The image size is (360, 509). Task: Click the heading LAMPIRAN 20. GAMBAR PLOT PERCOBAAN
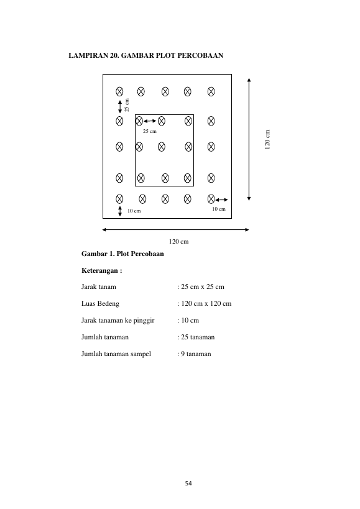point(145,55)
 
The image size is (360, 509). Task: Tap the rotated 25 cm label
point(127,105)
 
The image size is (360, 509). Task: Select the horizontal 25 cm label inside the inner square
point(150,131)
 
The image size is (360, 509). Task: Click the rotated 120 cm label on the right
point(267,140)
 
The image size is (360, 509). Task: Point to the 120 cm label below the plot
point(178,242)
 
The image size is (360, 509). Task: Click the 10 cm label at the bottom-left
point(134,211)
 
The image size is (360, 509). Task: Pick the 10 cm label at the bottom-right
point(219,209)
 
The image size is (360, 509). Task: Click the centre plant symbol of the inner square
point(161,147)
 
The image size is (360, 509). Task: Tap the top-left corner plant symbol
point(119,91)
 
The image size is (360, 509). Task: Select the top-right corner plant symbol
point(211,91)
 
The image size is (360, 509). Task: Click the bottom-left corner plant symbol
point(119,199)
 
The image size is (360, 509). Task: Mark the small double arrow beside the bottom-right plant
point(221,199)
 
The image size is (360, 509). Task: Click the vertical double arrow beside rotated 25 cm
point(120,106)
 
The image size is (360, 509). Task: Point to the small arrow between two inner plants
point(150,121)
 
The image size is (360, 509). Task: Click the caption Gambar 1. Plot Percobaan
point(122,254)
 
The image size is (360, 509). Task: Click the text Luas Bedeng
point(100,303)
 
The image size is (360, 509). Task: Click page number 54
point(188,484)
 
